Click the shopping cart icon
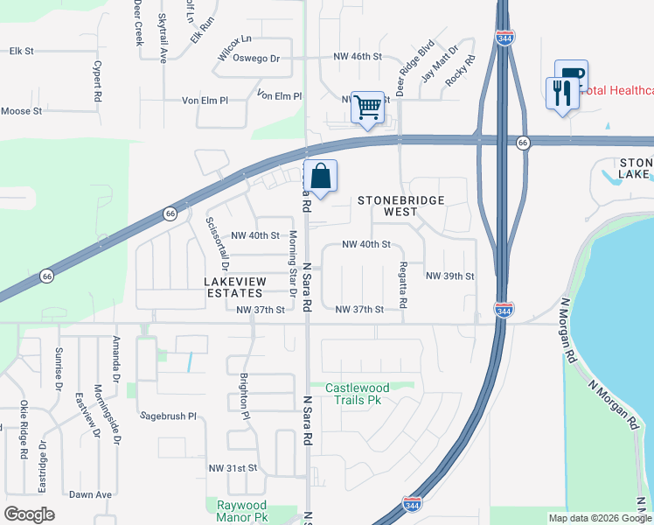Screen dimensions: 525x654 point(368,108)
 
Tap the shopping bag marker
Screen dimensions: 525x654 point(321,176)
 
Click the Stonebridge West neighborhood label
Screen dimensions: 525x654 point(401,206)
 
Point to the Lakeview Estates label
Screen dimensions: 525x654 point(234,288)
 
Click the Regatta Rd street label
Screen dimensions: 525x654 point(403,284)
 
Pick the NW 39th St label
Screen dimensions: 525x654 point(450,276)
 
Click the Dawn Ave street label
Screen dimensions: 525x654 point(91,494)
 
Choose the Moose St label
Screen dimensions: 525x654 point(22,111)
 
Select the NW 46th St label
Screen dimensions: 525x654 point(358,56)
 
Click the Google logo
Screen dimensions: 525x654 point(30,514)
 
